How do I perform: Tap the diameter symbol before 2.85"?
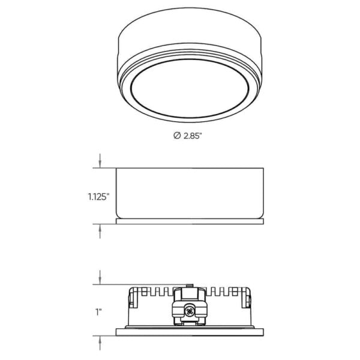(x=176, y=136)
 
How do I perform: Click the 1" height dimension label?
(x=98, y=313)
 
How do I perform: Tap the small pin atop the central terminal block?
(x=190, y=285)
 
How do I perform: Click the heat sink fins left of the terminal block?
(x=158, y=293)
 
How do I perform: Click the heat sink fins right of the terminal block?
(x=222, y=293)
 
